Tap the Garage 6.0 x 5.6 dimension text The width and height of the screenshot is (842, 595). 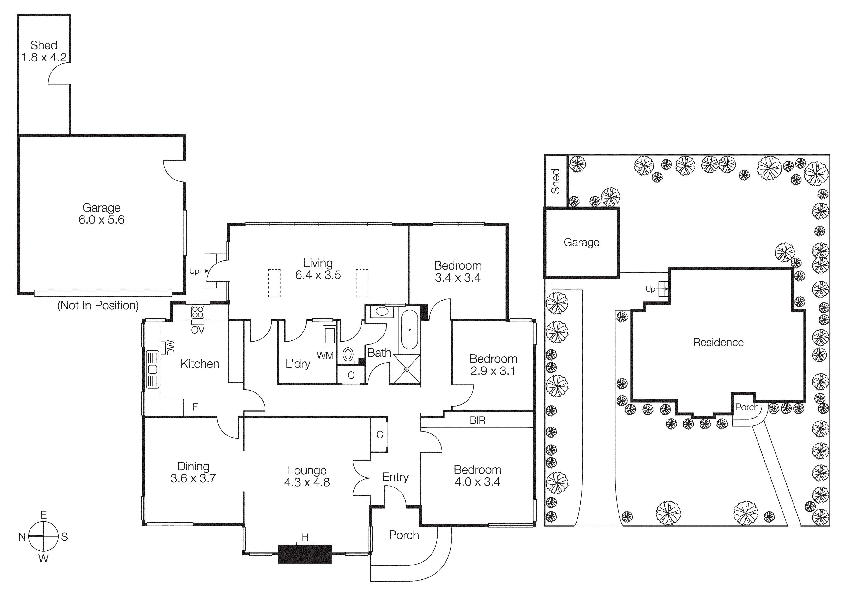tap(102, 220)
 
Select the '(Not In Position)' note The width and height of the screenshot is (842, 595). tap(98, 305)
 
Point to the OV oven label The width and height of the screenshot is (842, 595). tap(198, 330)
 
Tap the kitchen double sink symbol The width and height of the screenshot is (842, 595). tap(153, 369)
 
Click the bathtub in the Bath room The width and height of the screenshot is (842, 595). tap(409, 330)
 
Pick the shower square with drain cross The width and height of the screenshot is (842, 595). tap(407, 369)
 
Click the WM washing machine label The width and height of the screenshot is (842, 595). tap(325, 355)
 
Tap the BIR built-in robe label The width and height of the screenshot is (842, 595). tap(477, 421)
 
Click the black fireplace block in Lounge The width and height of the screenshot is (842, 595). tap(305, 554)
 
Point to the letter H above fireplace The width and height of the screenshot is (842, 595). tap(305, 537)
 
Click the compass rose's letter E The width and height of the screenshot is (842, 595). tap(43, 515)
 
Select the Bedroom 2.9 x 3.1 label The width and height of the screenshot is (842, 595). tap(493, 365)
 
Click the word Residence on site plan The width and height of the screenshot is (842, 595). tap(718, 343)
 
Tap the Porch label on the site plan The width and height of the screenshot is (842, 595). tap(747, 407)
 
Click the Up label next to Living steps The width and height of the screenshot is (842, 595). tap(194, 271)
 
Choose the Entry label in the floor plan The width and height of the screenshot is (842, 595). tap(395, 477)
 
